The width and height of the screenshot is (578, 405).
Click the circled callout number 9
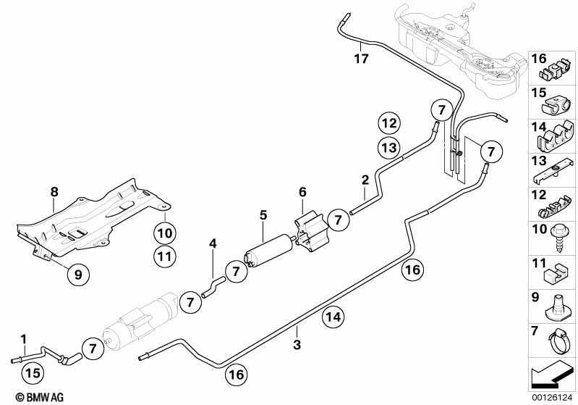[78, 273]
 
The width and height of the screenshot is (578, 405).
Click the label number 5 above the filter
[264, 215]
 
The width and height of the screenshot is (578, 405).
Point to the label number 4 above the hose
[213, 243]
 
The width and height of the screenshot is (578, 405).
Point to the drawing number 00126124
[552, 397]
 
